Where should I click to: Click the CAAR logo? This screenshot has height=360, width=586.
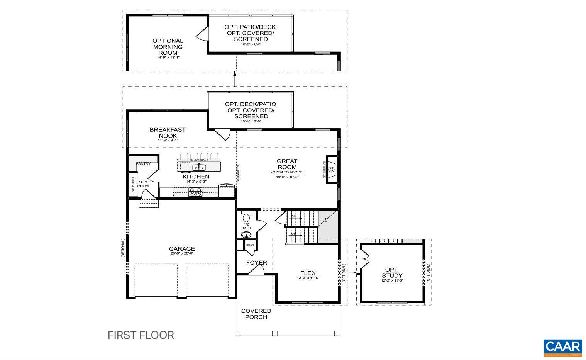point(562,347)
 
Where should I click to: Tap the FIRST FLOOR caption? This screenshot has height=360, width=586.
point(141,335)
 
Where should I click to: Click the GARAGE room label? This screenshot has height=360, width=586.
point(182,249)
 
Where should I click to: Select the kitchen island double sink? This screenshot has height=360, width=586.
point(199,167)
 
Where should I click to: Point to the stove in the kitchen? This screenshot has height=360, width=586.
point(195,192)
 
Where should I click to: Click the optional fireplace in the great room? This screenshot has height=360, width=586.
point(332,170)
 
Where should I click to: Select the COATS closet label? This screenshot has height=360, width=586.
point(250,245)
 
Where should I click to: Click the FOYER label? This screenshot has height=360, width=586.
point(257,263)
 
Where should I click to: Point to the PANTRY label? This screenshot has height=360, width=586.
point(143,164)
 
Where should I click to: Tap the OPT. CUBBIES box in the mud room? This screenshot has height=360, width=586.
point(133,184)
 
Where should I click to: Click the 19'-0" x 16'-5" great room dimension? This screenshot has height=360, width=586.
point(287,177)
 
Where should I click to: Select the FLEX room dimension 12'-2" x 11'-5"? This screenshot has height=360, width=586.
point(308,278)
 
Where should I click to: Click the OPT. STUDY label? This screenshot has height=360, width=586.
point(392,272)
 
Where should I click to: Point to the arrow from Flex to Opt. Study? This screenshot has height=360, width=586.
point(352,272)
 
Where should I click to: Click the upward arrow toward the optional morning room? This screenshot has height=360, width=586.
point(234,79)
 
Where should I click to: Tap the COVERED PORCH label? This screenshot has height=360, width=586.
point(256,314)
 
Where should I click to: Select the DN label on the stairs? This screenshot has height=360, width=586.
point(294,217)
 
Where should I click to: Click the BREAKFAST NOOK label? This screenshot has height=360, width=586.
point(168,132)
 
